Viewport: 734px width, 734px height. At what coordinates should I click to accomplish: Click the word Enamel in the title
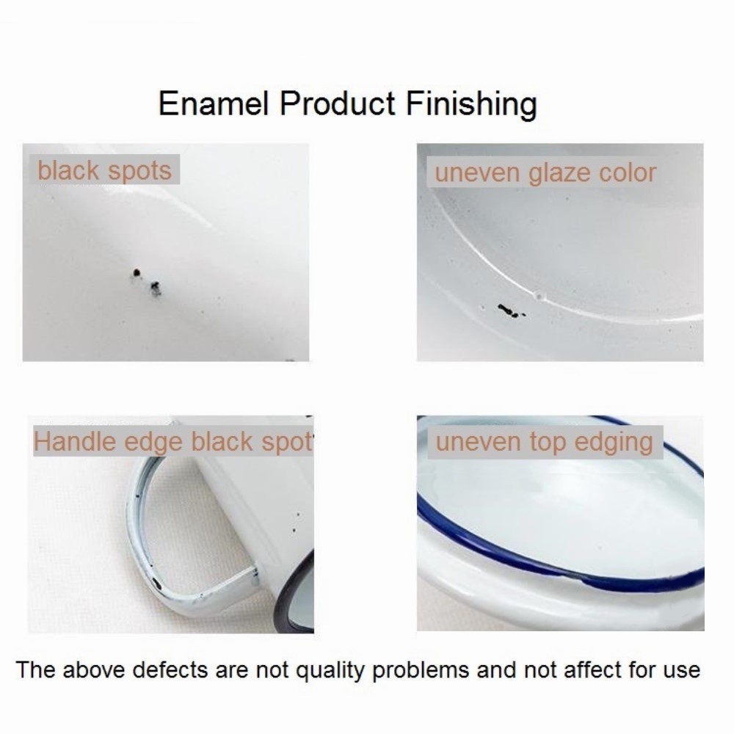(214, 103)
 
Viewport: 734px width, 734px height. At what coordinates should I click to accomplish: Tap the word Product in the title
(338, 103)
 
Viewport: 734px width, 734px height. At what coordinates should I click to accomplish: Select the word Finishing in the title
(471, 105)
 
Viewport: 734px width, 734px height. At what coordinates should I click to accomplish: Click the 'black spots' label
(104, 170)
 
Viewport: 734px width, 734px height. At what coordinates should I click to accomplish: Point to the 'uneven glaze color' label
(545, 173)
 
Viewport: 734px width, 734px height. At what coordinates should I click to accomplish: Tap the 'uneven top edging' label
(544, 443)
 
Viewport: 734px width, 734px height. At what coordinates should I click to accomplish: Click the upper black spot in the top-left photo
(137, 272)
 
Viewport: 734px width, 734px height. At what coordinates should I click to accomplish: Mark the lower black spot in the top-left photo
(155, 288)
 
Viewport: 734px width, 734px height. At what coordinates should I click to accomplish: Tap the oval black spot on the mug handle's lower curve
(156, 584)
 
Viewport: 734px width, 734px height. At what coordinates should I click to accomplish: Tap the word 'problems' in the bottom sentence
(421, 671)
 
